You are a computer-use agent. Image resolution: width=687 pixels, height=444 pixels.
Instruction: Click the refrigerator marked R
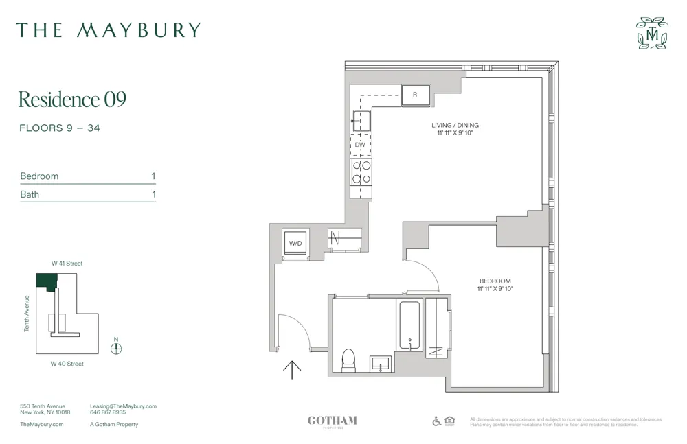[x=415, y=95]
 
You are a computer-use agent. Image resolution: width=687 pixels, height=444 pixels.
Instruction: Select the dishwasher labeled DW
[x=360, y=145]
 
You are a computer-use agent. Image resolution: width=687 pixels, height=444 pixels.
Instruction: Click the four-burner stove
[x=361, y=172]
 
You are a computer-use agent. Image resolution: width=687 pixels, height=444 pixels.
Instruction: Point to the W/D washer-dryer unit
[x=296, y=243]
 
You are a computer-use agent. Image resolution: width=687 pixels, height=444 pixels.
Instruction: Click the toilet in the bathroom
[x=348, y=360]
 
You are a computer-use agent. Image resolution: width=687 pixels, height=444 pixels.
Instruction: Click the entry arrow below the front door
[x=292, y=370]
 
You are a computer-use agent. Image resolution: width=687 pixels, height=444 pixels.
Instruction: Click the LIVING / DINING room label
[x=455, y=126]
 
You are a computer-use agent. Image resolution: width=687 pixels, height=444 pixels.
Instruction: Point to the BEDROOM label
[x=495, y=281]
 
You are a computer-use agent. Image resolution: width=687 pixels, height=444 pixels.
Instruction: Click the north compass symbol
[x=116, y=348]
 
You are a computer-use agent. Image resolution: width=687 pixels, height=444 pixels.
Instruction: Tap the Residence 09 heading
[x=72, y=100]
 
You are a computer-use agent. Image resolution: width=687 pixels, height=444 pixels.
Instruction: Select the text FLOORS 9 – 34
[x=60, y=128]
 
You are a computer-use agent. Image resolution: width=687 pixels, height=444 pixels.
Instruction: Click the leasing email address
[x=123, y=406]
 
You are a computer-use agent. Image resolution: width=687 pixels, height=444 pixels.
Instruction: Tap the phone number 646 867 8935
[x=108, y=413]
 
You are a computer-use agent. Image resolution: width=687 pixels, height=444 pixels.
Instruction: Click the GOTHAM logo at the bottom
[x=332, y=421]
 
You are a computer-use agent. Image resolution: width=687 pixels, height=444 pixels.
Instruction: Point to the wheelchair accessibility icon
[x=437, y=421]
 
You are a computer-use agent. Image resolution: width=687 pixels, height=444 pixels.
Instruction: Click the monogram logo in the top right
[x=651, y=33]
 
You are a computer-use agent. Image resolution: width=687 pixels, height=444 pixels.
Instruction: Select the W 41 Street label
[x=67, y=264]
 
